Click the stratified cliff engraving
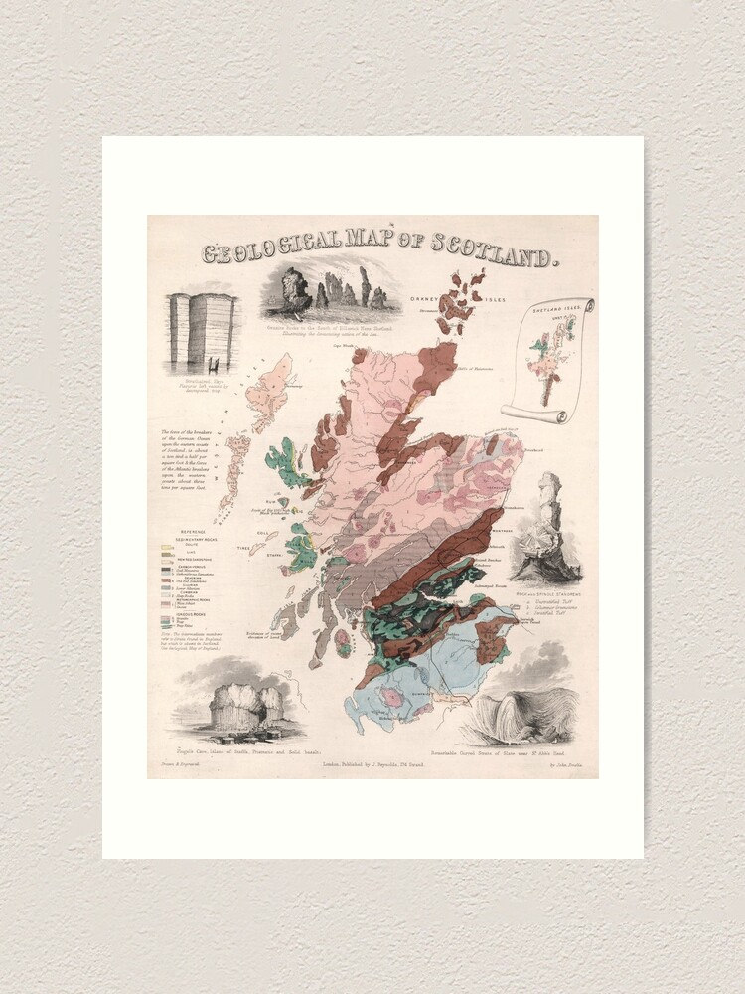pos(202,332)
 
